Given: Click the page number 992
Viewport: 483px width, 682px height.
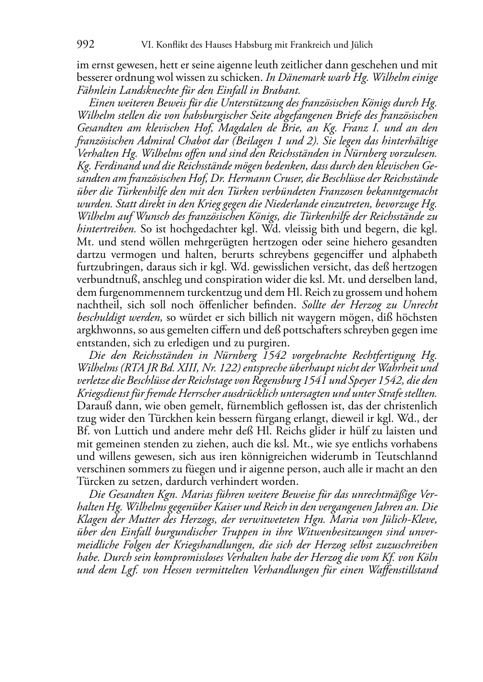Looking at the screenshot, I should pyautogui.click(x=86, y=45).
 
